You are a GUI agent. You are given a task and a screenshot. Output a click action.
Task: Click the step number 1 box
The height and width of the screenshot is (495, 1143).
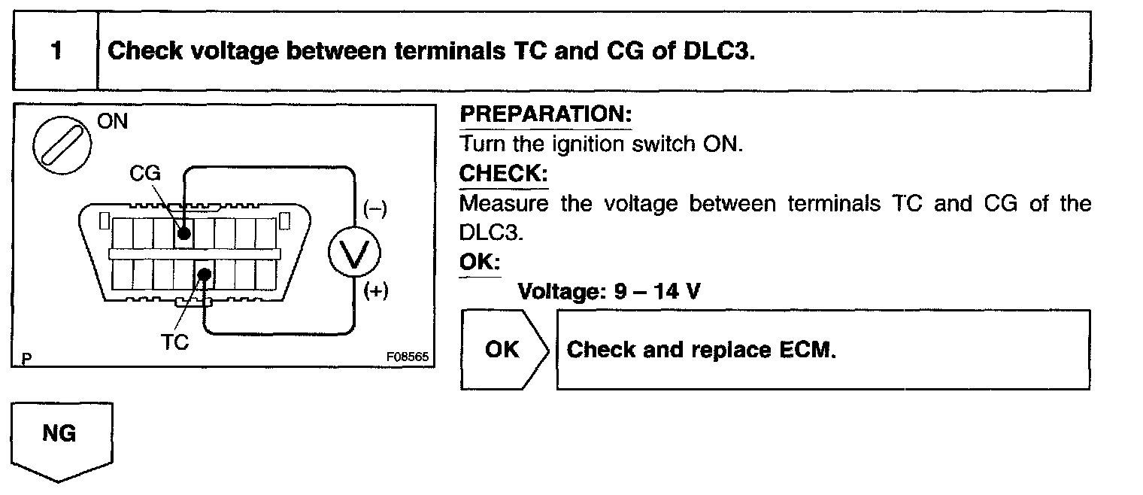tap(55, 52)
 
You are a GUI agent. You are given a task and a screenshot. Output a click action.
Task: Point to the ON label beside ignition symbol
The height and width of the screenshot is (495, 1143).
tap(113, 121)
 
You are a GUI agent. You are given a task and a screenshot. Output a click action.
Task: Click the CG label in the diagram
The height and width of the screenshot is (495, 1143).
tap(144, 174)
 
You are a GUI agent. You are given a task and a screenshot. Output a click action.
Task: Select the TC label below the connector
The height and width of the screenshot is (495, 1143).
tap(174, 342)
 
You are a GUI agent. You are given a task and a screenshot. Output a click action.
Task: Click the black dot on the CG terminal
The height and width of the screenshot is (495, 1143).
tap(183, 233)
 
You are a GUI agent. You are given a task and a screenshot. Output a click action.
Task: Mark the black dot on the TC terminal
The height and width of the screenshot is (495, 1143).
tap(204, 275)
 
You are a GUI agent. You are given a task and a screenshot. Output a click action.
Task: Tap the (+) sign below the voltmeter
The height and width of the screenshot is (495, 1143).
tap(375, 292)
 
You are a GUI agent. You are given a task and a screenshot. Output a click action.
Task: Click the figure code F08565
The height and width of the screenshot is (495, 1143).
tap(407, 357)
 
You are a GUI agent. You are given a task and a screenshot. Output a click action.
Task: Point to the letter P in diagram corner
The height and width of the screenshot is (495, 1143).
tap(26, 359)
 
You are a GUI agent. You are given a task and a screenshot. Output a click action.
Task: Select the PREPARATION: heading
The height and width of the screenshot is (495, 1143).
tap(545, 115)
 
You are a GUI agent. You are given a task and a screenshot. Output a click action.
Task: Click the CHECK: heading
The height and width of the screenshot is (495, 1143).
tap(503, 174)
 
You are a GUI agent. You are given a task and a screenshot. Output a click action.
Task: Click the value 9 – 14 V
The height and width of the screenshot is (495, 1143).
tap(656, 291)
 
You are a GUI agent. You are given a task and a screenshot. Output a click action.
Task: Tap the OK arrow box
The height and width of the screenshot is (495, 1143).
tap(503, 350)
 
